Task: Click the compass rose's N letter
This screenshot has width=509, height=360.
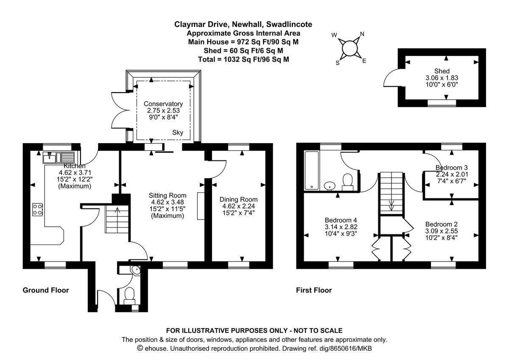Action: click(362, 34)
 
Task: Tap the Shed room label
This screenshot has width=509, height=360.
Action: click(442, 71)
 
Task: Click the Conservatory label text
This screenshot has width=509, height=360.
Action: click(163, 104)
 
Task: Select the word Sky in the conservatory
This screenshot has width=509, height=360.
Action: click(178, 133)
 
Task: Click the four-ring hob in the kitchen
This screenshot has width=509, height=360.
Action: click(38, 209)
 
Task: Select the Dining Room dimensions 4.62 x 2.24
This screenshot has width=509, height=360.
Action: click(238, 206)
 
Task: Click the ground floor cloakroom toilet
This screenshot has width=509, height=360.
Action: click(130, 294)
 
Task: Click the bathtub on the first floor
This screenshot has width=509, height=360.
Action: click(312, 170)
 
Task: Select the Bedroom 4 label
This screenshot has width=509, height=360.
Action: click(338, 220)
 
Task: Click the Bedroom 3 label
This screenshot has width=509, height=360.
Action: click(452, 167)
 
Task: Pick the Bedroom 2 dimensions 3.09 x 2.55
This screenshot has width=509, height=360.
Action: click(442, 231)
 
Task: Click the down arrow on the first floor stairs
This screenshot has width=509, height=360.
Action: click(391, 206)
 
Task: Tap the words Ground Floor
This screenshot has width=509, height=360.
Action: click(45, 290)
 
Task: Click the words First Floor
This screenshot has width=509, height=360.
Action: click(314, 290)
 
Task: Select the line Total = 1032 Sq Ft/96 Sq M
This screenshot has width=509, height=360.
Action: click(243, 59)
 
